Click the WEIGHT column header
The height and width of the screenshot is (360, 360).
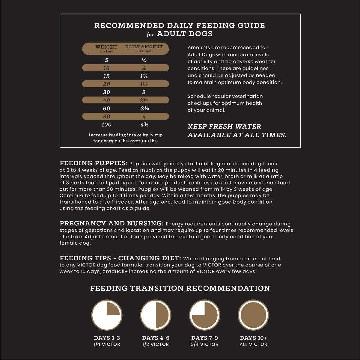(x=106, y=47)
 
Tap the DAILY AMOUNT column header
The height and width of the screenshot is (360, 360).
(x=144, y=47)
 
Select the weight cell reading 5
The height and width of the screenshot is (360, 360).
(x=106, y=60)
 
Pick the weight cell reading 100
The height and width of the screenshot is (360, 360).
(x=106, y=124)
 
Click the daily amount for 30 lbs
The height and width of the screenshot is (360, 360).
(x=144, y=92)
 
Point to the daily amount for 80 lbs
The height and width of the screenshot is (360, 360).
(x=144, y=116)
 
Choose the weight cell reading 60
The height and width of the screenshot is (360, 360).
(x=106, y=109)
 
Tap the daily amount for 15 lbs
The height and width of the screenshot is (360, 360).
(x=144, y=76)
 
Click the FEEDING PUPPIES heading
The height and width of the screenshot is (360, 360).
(x=94, y=163)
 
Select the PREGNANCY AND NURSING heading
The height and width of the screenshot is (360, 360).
(x=112, y=223)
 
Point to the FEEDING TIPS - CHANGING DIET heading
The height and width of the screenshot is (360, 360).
(x=120, y=258)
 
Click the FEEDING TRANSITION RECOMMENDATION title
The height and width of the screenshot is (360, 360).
(x=180, y=288)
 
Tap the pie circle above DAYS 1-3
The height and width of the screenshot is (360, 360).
(x=106, y=315)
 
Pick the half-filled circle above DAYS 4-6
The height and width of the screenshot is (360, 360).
(x=156, y=315)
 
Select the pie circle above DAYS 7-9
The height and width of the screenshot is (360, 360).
(x=205, y=315)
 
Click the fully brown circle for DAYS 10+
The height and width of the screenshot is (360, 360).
(x=253, y=315)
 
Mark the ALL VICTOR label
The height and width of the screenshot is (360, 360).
(x=253, y=344)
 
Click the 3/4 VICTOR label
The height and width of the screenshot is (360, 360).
(x=205, y=344)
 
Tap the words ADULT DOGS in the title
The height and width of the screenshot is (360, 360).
(x=185, y=34)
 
